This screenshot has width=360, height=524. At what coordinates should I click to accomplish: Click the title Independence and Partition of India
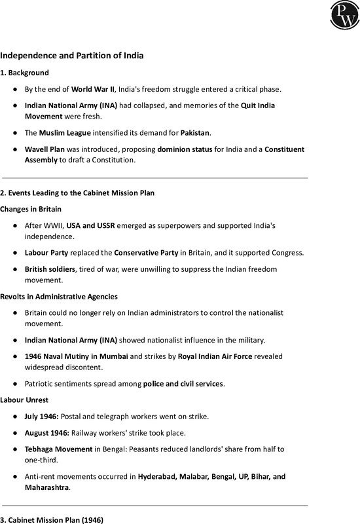point(72,56)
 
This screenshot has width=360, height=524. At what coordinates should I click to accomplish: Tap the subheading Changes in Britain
point(31,209)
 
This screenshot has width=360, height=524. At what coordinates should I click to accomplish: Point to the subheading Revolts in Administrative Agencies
point(59,297)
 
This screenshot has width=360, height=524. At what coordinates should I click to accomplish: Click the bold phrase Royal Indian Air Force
point(206,356)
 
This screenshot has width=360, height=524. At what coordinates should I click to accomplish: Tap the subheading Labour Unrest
point(24,399)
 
